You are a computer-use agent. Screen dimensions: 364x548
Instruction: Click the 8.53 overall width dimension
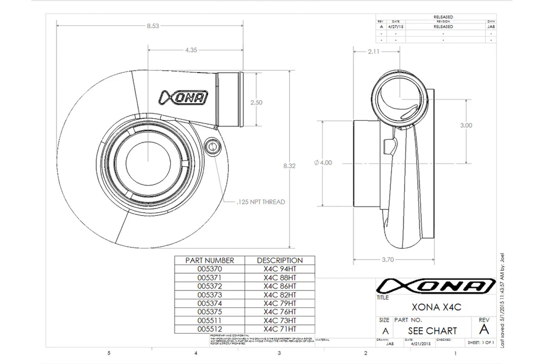point(153,26)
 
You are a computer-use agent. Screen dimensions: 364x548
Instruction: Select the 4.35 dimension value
point(191,50)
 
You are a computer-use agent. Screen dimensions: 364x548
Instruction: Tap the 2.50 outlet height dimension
point(256,103)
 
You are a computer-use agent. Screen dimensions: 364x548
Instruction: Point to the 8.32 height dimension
point(289,166)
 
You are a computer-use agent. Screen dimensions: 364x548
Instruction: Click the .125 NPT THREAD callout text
point(261,202)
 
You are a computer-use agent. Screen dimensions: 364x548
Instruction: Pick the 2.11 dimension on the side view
point(373,51)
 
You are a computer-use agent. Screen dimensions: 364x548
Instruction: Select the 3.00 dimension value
point(466,125)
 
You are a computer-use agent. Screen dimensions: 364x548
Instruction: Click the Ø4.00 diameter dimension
point(323,162)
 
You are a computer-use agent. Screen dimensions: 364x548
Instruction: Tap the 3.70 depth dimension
point(388,259)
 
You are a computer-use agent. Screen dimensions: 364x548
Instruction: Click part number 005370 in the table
point(209,269)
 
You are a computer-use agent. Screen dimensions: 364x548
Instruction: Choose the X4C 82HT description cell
point(280,295)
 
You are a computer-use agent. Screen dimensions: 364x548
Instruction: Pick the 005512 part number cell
point(209,329)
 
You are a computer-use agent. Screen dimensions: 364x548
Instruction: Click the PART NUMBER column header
point(209,260)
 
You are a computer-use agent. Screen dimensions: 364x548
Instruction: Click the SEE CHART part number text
point(432,331)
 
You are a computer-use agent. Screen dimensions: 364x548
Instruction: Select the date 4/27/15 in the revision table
point(396,27)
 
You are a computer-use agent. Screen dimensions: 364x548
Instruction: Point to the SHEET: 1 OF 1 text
point(481,342)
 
